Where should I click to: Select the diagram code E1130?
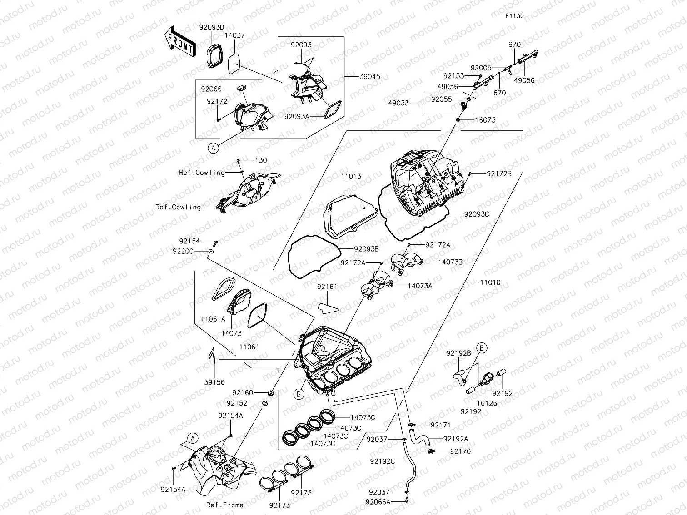click(514, 16)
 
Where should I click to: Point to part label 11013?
click(350, 177)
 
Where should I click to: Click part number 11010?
click(490, 282)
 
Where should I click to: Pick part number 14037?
click(234, 35)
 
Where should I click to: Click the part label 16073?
click(485, 120)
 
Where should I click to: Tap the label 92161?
click(327, 287)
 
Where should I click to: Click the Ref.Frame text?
click(224, 505)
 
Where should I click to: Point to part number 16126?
click(487, 403)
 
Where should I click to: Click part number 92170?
click(460, 451)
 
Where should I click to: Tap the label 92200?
click(183, 251)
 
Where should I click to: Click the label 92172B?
click(499, 173)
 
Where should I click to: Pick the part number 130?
click(261, 160)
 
